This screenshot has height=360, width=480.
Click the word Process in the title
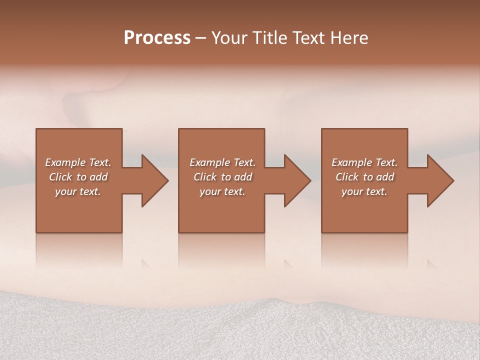pos(157,38)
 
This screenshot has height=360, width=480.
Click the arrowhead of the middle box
pos(297,180)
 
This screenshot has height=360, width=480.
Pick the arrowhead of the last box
pos(440,180)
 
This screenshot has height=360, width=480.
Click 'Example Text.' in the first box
pos(78,162)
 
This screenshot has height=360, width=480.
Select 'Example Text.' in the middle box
pos(222,162)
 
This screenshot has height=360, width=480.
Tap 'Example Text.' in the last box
pos(364,162)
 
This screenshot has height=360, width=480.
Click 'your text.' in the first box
pos(78,191)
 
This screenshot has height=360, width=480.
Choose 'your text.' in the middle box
pos(222,191)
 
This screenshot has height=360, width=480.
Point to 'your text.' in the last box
pos(364,191)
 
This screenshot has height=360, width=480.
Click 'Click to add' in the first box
pos(78,177)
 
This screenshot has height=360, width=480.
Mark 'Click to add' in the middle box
pos(222,177)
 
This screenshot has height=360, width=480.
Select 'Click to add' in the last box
pos(364,177)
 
